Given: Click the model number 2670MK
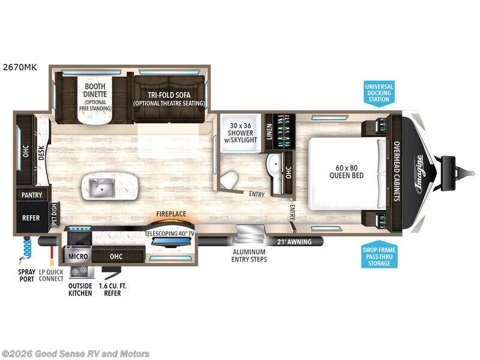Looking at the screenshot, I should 20,68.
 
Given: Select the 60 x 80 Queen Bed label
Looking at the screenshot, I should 344,172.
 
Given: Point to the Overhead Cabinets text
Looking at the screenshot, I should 397,171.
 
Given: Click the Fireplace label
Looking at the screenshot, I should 171,214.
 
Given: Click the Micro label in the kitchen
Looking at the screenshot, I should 79,257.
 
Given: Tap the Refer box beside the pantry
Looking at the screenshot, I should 31,218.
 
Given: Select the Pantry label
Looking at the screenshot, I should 31,195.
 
